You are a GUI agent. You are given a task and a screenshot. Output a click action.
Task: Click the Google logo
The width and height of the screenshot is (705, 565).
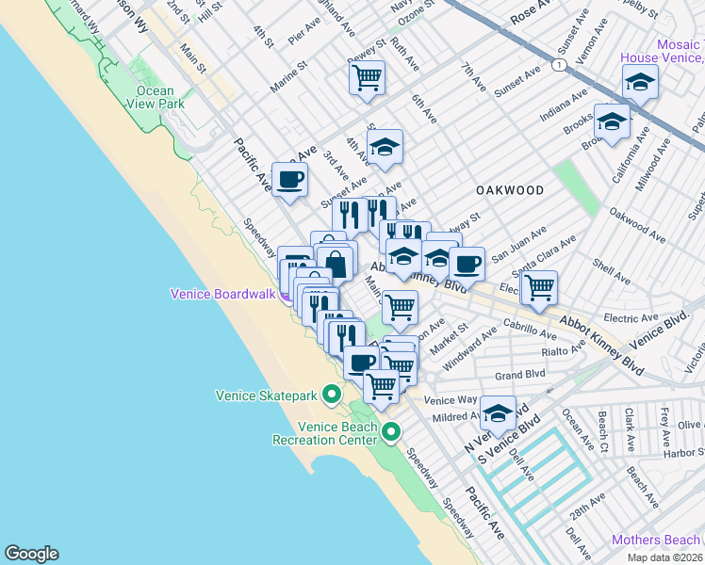click(x=31, y=554)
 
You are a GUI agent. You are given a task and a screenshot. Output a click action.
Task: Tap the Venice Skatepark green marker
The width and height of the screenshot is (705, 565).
click(x=331, y=395)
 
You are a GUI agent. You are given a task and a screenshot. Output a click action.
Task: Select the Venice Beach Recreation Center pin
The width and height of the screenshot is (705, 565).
click(x=391, y=431)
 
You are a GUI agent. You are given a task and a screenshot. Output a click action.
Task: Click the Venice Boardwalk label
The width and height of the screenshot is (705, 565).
click(x=221, y=294)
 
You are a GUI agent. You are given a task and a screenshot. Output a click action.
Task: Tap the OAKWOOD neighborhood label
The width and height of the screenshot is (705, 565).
click(x=510, y=190)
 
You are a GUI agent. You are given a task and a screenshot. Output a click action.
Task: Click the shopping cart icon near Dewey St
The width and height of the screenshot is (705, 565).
click(x=367, y=77)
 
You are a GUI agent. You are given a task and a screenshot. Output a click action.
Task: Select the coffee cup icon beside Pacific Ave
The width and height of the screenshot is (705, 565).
click(x=289, y=178)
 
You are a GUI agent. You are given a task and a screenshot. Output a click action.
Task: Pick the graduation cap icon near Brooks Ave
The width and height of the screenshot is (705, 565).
click(x=612, y=122)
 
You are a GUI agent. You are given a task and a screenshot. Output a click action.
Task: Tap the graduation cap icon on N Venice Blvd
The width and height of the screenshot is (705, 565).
click(x=498, y=412)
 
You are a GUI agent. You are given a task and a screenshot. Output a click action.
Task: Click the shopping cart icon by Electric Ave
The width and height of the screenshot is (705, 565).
click(x=538, y=287)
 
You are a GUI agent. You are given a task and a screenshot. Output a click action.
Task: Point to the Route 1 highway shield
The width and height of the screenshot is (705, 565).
click(x=560, y=65)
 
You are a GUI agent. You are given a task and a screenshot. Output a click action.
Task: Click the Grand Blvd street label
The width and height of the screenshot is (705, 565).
click(x=521, y=375)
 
